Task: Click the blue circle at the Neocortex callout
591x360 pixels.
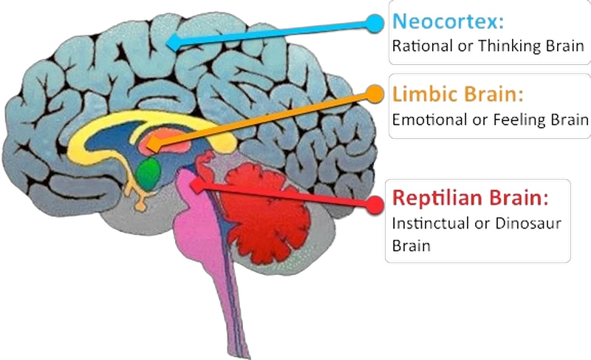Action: point(375,23)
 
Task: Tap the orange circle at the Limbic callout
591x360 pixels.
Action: point(375,93)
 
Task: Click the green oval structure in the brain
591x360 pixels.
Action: point(151,172)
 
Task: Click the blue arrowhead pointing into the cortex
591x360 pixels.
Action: point(171,43)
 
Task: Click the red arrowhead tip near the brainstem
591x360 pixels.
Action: point(198,186)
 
